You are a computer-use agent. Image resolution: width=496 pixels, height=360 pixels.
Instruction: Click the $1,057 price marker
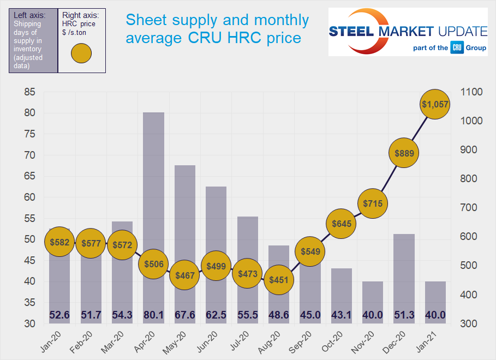(x=435, y=105)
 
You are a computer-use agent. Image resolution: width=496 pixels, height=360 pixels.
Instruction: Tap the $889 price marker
(x=404, y=153)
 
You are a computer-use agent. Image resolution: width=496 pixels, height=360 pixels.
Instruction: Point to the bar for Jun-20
(x=216, y=229)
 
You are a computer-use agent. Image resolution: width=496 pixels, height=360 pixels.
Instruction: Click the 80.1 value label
(x=154, y=315)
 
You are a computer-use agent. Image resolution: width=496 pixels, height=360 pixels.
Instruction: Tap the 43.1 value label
(x=342, y=315)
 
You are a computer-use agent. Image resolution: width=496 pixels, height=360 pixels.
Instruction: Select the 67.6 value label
(x=185, y=315)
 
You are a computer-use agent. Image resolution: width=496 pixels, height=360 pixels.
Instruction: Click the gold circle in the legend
(x=81, y=53)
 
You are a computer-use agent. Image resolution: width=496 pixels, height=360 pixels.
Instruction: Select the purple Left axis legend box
(x=32, y=40)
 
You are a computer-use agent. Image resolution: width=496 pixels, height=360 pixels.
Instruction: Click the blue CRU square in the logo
(x=457, y=47)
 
